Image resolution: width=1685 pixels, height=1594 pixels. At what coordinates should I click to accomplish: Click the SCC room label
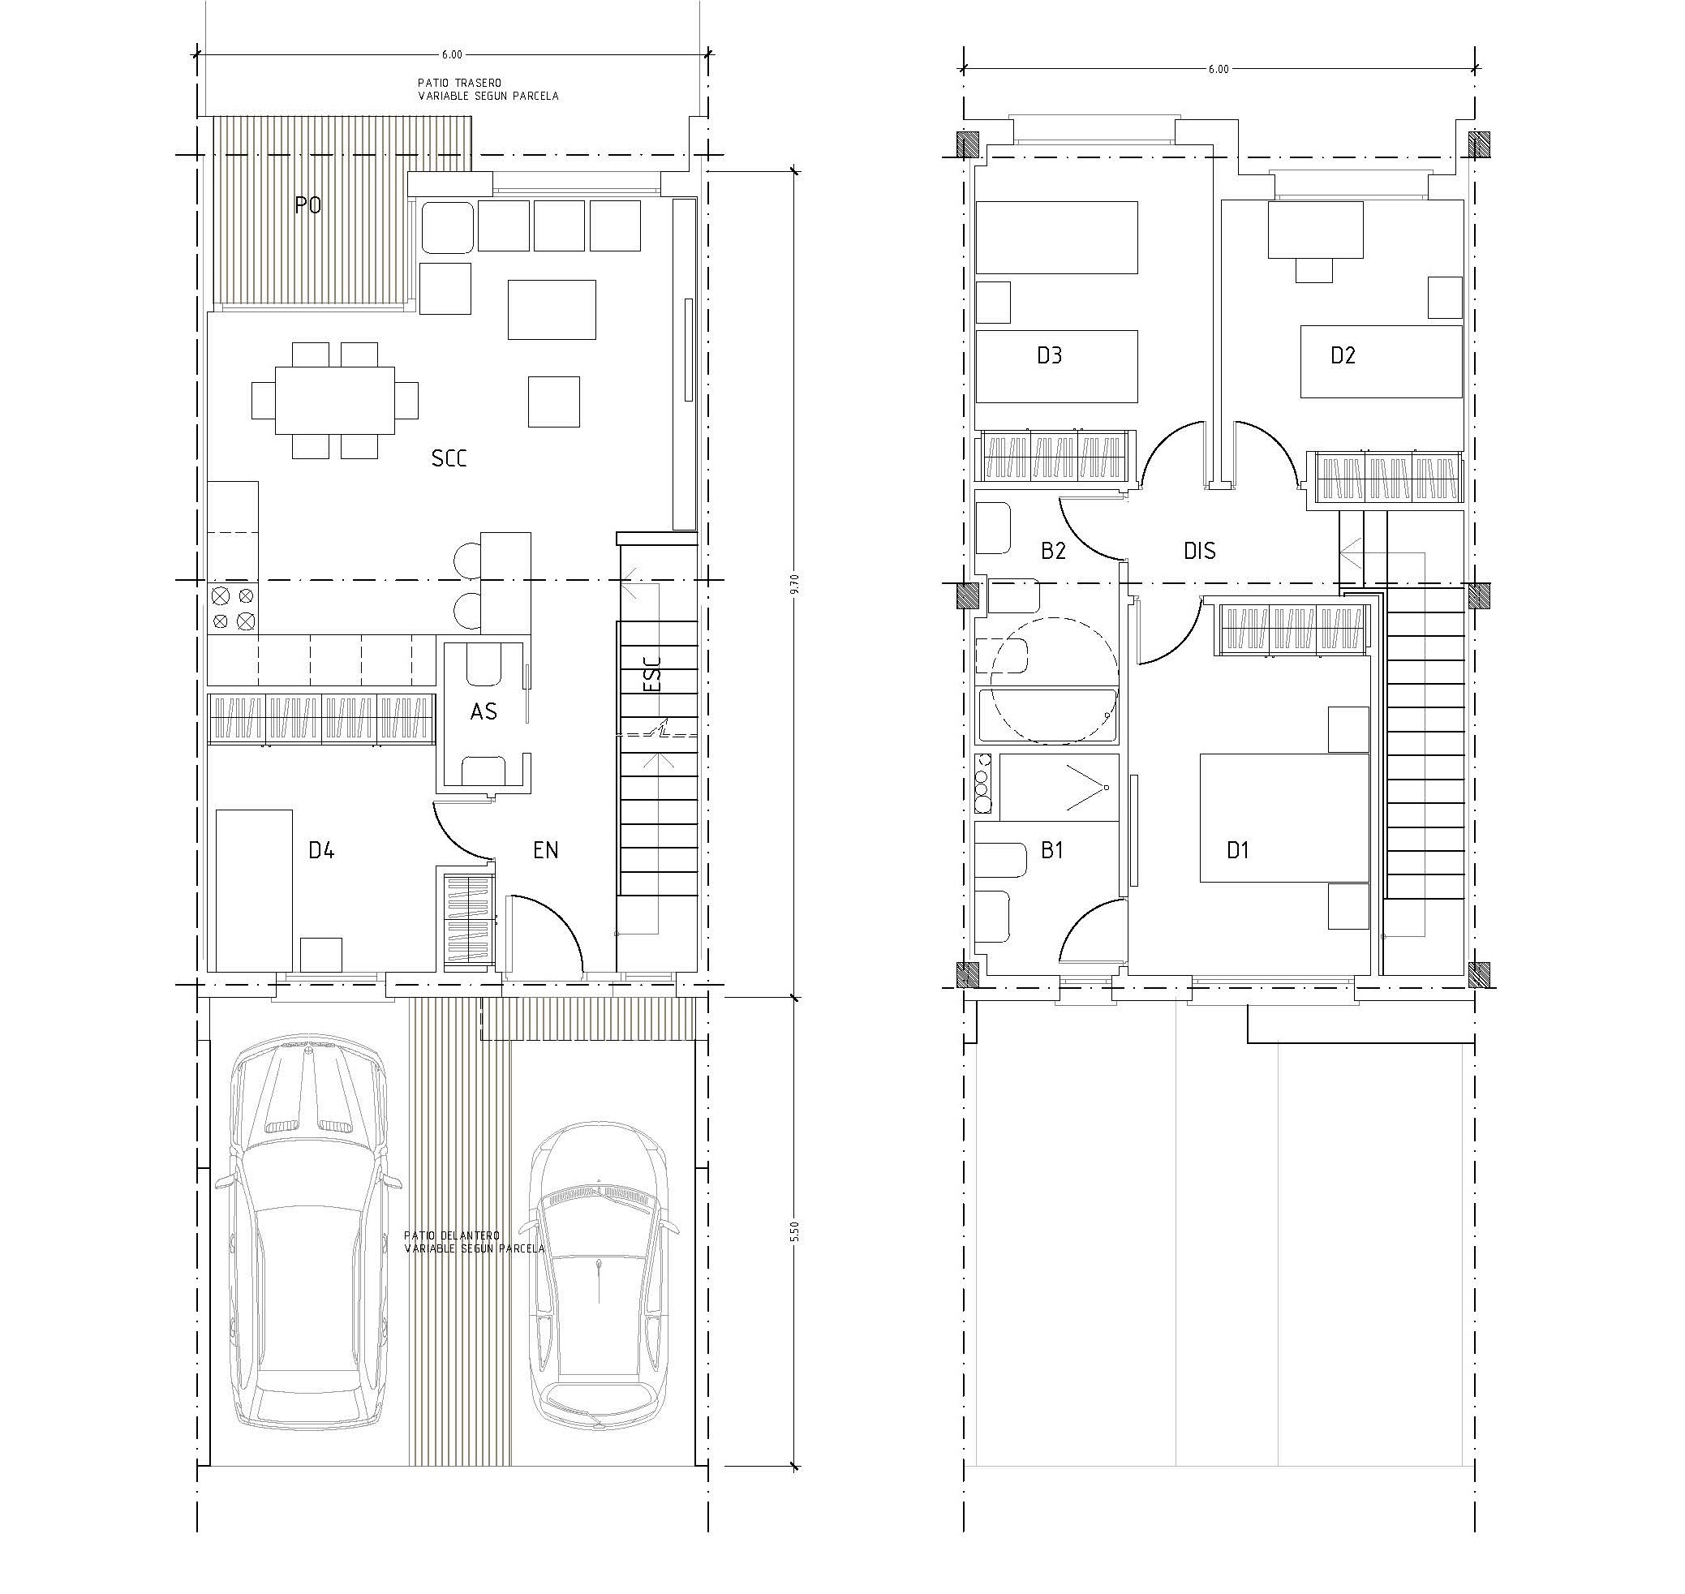[449, 459]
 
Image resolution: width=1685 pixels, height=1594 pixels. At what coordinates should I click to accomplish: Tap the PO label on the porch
[307, 204]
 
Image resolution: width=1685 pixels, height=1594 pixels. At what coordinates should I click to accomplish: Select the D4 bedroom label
[321, 849]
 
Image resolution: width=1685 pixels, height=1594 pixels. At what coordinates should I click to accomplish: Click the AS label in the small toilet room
[484, 711]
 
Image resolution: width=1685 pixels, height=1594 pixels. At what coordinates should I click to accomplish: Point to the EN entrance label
[545, 849]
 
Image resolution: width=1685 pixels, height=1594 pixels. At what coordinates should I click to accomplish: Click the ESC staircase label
[652, 673]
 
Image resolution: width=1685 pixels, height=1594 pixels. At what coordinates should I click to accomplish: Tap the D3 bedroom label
[1050, 355]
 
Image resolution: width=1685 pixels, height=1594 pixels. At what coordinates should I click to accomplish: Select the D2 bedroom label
[1343, 355]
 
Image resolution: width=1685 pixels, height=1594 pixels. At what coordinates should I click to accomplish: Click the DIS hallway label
[1200, 551]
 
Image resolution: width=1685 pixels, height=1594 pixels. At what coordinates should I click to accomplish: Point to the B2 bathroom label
[1053, 551]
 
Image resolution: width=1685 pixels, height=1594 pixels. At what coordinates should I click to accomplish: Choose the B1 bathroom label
[1052, 849]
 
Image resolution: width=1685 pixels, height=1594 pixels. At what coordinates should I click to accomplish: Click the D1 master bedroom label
[1238, 849]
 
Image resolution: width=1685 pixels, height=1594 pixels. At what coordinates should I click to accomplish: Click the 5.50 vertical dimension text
[795, 1232]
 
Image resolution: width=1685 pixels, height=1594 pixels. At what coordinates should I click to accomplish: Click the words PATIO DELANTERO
[452, 1235]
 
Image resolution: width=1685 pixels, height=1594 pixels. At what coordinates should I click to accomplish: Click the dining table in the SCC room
[335, 400]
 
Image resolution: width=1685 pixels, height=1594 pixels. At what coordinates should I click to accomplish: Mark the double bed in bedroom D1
[1284, 818]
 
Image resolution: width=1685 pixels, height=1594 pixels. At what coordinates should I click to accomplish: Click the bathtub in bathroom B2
[1047, 716]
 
